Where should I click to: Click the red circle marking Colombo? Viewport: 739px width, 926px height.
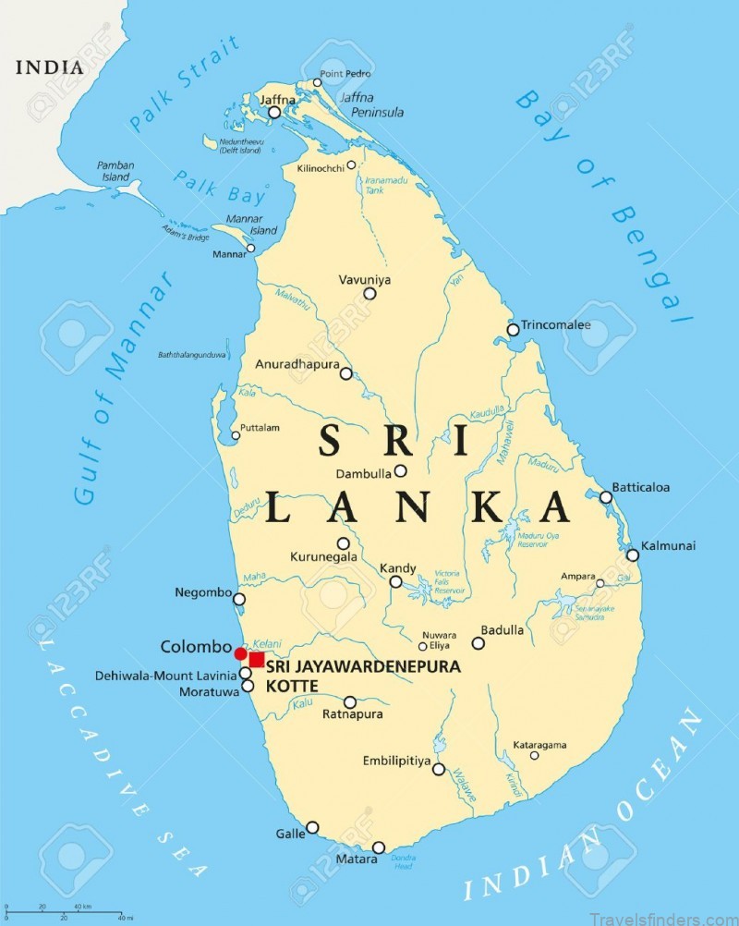click(241, 654)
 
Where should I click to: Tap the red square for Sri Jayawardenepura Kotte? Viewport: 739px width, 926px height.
click(257, 659)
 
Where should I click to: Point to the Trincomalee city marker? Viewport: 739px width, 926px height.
click(513, 330)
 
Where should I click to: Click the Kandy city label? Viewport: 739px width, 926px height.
click(398, 568)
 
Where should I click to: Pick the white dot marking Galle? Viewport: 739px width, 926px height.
click(312, 827)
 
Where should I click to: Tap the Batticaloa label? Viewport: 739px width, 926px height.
click(640, 487)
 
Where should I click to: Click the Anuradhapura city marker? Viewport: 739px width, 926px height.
click(345, 373)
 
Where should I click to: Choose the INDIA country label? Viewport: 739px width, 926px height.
click(49, 67)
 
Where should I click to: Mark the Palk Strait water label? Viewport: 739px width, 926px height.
click(184, 85)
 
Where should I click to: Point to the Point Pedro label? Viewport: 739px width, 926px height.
click(345, 73)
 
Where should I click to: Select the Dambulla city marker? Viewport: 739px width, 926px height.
click(400, 470)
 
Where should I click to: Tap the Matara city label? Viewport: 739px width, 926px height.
click(357, 859)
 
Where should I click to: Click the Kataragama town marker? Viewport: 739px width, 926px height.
click(534, 755)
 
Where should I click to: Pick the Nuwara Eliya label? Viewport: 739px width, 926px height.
click(439, 640)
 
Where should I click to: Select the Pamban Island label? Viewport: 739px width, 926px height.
click(115, 171)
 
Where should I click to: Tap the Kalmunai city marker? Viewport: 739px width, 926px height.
click(633, 554)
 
